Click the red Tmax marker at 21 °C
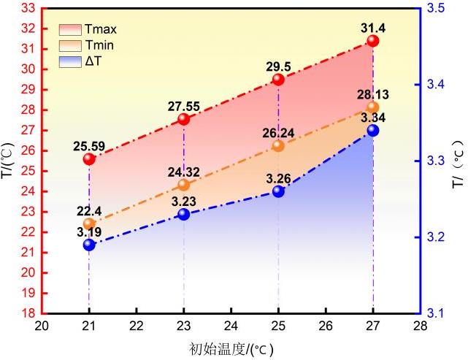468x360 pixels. pos(89,158)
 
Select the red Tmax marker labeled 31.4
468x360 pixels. pos(373,41)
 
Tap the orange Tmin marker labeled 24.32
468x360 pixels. pos(184,185)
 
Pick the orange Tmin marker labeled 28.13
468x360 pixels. pos(373,107)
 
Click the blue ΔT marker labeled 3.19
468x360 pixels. pos(89,245)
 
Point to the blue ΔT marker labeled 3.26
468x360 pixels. pos(278,191)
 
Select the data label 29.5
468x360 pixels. pos(278,66)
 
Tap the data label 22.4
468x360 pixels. pos(87,210)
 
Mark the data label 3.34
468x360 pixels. pos(373,118)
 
